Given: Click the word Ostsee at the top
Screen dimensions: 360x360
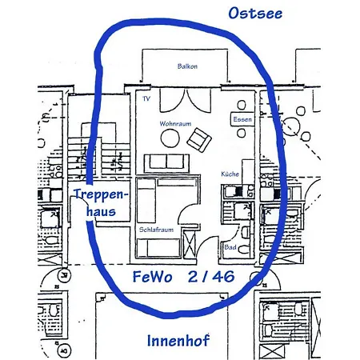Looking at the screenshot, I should pos(255,13).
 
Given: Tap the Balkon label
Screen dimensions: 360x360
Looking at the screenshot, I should pos(186,67).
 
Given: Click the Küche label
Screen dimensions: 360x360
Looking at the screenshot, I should pos(231,174).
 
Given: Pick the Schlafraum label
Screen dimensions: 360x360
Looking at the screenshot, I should pos(156,229).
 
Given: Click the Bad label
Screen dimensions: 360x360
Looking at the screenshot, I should pos(229,247).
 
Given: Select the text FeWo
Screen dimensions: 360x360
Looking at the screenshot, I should pos(151,278).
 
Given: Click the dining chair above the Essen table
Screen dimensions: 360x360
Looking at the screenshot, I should pos(242,105).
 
